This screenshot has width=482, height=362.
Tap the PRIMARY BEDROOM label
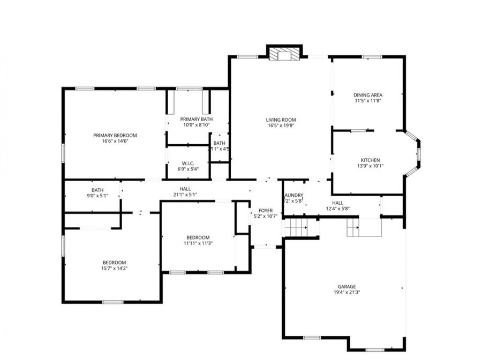tap(115, 135)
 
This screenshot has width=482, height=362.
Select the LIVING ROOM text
tap(281, 120)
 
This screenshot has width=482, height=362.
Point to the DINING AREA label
tap(368, 95)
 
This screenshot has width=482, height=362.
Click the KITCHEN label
tap(370, 160)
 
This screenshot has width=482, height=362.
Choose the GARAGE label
tap(347, 286)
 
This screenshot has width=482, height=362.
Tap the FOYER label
tap(265, 210)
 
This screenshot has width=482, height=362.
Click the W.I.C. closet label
tap(187, 163)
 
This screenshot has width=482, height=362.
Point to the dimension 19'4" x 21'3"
tap(347, 292)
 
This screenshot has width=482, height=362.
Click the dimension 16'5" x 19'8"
tap(281, 125)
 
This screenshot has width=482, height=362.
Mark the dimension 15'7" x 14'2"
tap(114, 268)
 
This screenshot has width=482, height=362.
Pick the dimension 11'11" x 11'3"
tap(198, 243)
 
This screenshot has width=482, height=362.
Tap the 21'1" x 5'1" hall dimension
tap(185, 195)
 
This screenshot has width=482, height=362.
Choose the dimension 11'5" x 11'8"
tap(368, 101)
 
